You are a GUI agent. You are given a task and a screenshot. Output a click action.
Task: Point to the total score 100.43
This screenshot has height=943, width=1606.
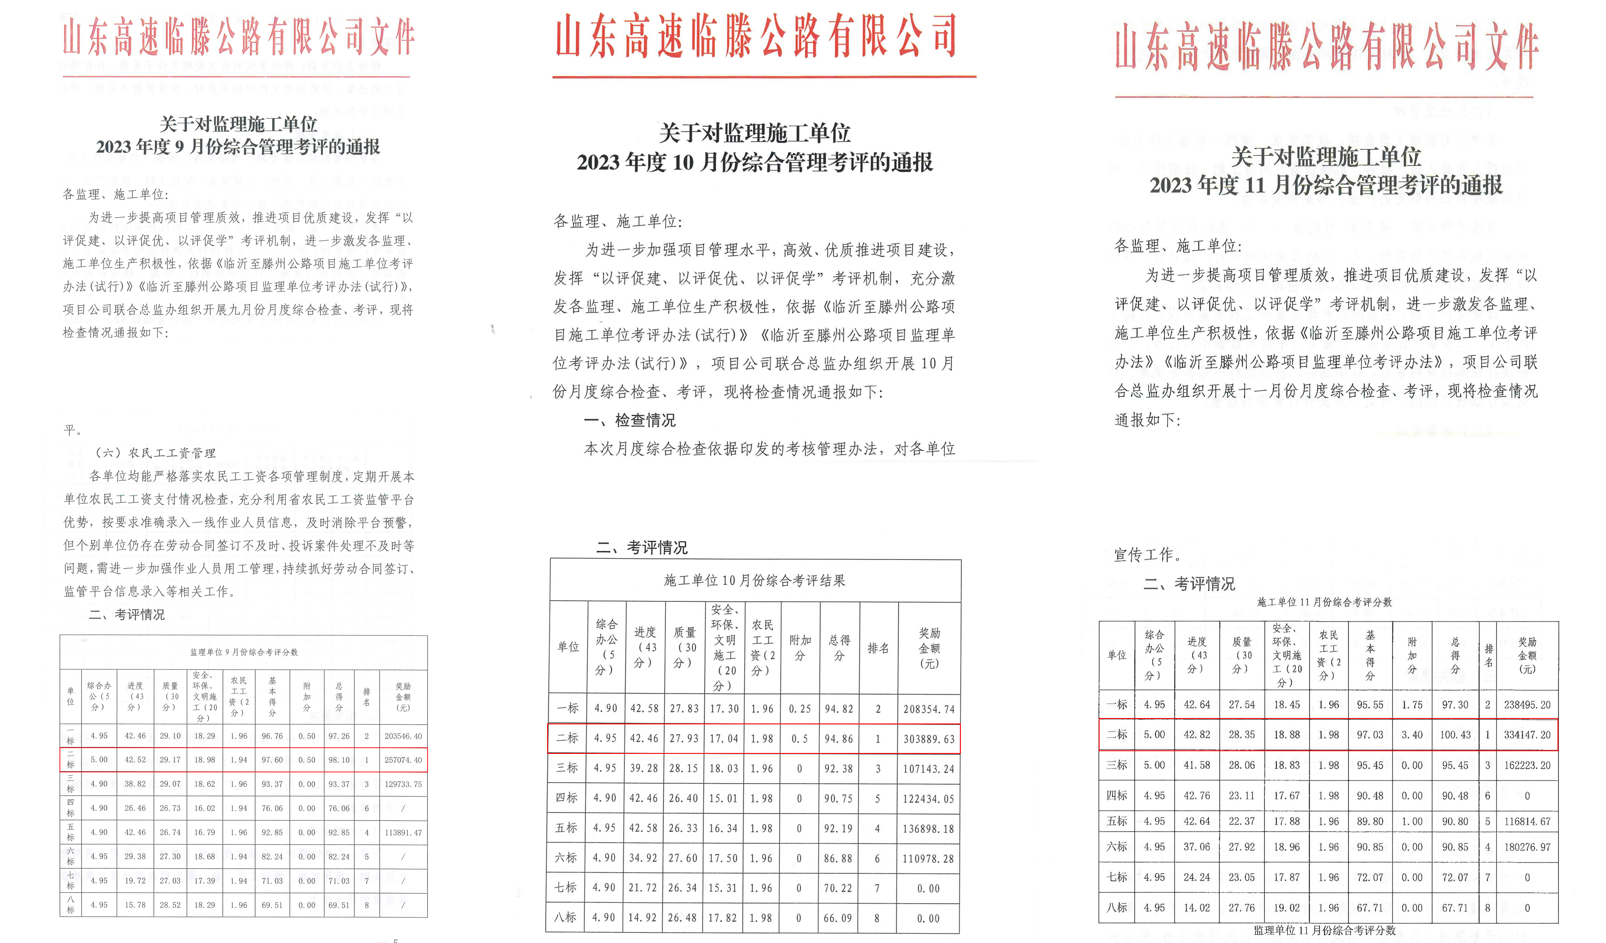[1455, 735]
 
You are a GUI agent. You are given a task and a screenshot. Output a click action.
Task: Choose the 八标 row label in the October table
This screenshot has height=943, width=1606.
[566, 918]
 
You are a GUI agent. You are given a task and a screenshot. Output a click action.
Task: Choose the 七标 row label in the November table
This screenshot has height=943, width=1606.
[1117, 877]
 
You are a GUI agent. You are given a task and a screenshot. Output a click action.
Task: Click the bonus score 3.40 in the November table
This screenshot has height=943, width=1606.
[1412, 735]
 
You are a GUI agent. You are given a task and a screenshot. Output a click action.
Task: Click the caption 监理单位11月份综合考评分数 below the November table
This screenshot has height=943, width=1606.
[1324, 931]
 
